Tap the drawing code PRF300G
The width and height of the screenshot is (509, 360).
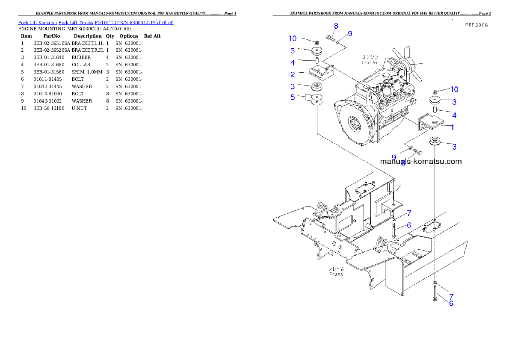click(x=476, y=25)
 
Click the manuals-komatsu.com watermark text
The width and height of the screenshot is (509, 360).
click(x=421, y=162)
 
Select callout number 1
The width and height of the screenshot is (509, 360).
click(x=452, y=127)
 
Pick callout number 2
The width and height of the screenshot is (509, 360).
click(x=293, y=74)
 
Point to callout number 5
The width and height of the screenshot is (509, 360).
click(x=293, y=97)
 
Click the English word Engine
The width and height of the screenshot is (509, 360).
click(x=369, y=62)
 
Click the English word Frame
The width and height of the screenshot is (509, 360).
click(x=336, y=274)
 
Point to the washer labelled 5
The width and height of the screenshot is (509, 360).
click(x=317, y=100)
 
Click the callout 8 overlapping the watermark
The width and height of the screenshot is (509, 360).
click(x=402, y=163)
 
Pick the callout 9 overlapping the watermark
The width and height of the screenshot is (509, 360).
click(x=394, y=157)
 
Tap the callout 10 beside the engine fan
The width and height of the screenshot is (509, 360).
click(x=454, y=89)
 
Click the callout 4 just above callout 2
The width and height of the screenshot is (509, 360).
click(x=293, y=63)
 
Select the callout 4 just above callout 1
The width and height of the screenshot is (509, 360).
click(x=454, y=115)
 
